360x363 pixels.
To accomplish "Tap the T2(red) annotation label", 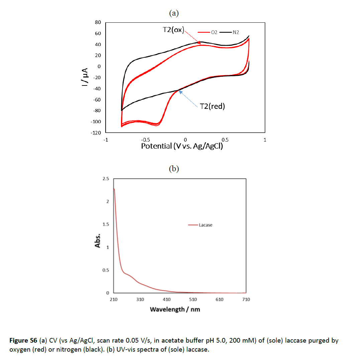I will pos(212,106).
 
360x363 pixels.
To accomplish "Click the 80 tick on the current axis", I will pos(98,22).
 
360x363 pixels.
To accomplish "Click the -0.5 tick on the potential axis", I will pos(145,140).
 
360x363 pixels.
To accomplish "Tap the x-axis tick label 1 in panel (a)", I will pos(265,140).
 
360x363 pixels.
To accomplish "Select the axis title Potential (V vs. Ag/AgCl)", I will pos(182,146).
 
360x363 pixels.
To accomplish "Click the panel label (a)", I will pos(174,13).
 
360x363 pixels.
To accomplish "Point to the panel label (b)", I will pos(174,169).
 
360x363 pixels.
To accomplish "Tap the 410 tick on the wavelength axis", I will pos(166,300).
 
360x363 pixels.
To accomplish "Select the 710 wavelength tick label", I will pos(246,300).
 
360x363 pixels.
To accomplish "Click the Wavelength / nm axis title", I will pos(175,309).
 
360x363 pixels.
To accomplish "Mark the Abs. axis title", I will pos(98,240).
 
